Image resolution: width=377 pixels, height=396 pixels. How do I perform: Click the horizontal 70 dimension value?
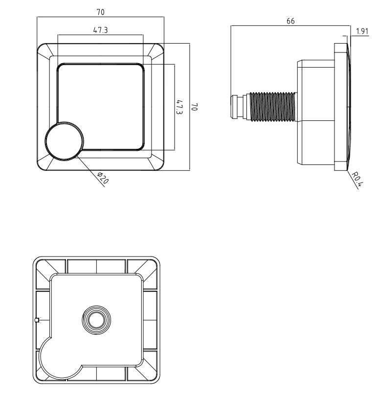(x=100, y=12)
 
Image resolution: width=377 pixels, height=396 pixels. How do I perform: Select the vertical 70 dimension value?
(x=194, y=107)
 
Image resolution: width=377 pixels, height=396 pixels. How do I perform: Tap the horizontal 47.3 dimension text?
(x=100, y=30)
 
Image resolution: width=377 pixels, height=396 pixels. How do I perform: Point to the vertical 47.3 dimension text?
(x=179, y=107)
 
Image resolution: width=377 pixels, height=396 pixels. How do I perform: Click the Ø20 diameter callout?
(x=103, y=178)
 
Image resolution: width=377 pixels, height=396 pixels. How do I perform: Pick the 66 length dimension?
(x=290, y=21)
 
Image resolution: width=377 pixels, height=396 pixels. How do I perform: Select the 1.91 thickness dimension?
(x=362, y=31)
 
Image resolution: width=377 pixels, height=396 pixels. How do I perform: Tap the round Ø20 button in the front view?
(x=65, y=141)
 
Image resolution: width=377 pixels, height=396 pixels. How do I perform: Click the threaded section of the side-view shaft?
(x=272, y=107)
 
